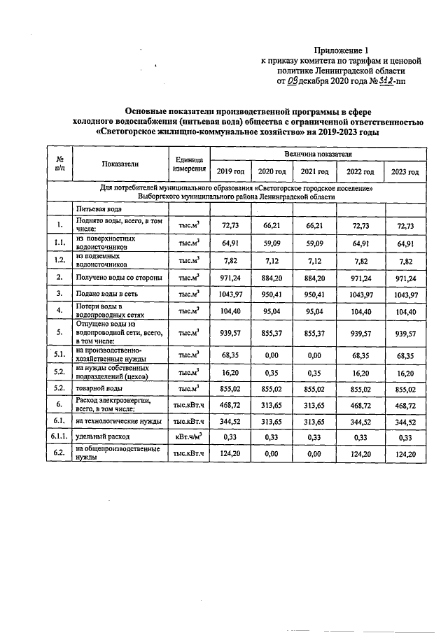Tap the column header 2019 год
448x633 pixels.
230,172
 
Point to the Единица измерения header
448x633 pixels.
189,164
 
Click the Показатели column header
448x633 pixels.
120,164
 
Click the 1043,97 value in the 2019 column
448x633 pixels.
230,294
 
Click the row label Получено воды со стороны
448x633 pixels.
119,278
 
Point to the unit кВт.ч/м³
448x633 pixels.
189,438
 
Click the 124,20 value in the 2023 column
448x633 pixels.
405,455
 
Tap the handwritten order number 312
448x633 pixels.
384,80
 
